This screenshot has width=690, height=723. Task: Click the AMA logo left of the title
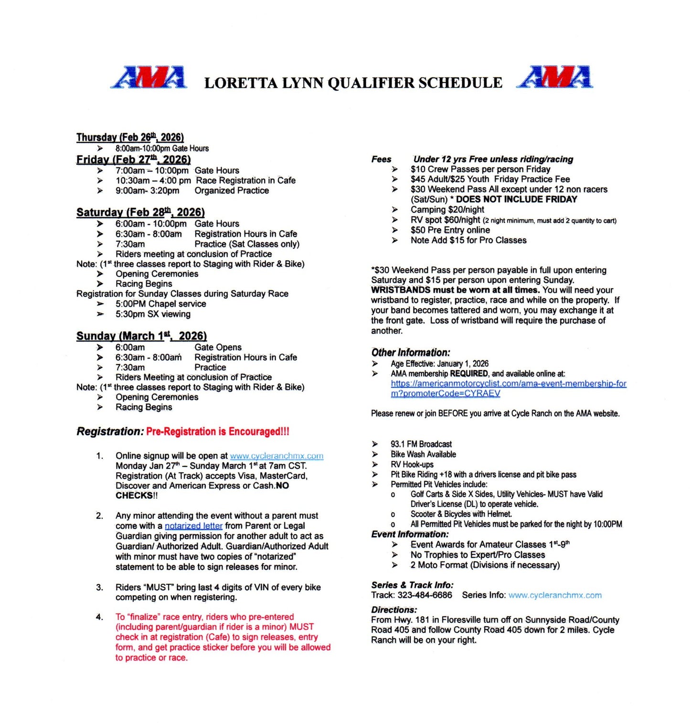tap(149, 77)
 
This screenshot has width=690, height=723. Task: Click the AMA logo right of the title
tap(554, 77)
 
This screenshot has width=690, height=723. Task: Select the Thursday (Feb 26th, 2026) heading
tap(130, 137)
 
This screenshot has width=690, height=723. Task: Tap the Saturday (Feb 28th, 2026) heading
tap(140, 212)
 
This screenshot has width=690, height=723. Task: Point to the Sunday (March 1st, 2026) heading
tap(141, 336)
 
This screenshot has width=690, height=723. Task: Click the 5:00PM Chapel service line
tap(160, 304)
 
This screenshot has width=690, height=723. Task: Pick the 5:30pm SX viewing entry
tap(153, 314)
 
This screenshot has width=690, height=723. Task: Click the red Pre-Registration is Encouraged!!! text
tap(218, 431)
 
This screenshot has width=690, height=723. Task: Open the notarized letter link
tap(193, 526)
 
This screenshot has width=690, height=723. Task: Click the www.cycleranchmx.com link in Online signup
tap(276, 456)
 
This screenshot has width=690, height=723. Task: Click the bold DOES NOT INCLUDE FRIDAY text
tap(517, 199)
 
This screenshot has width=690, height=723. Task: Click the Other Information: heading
tap(411, 353)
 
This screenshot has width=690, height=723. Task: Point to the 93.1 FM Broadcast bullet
tap(421, 444)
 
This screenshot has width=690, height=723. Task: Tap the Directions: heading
tap(394, 609)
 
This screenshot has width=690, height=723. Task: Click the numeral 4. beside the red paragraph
tap(99, 617)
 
